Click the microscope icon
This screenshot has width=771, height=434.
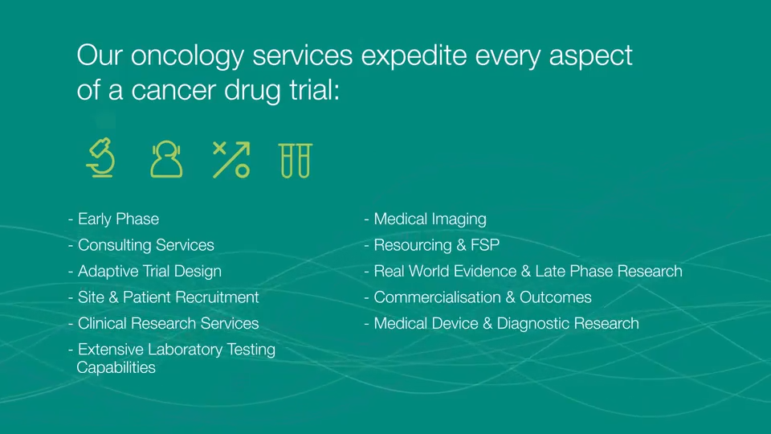tap(100, 158)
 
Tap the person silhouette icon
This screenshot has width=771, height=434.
tap(166, 159)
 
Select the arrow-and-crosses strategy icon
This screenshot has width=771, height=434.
tap(230, 159)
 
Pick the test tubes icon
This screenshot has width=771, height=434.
tap(295, 159)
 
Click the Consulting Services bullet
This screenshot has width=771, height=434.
tap(145, 245)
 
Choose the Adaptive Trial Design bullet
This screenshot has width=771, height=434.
tap(149, 272)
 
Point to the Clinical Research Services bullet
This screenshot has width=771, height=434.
tap(168, 324)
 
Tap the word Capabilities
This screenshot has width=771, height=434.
tap(116, 368)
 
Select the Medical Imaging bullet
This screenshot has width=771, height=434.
tap(430, 219)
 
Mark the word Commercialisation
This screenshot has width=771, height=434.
tap(437, 297)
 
